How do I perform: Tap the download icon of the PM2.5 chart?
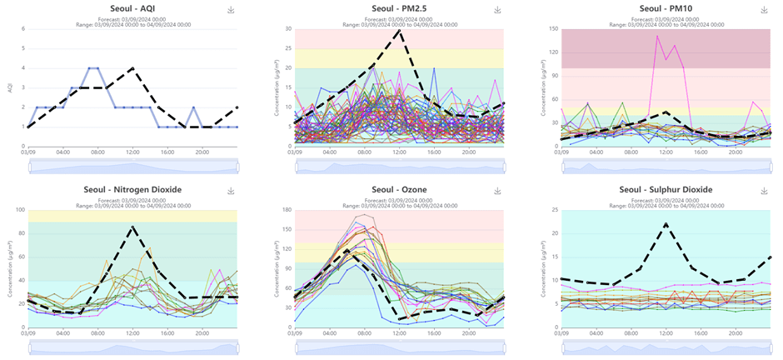[x=497, y=10]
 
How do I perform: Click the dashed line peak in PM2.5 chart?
[x=400, y=31]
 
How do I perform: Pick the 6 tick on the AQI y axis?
[x=22, y=28]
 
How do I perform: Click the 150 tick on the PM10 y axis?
[x=553, y=28]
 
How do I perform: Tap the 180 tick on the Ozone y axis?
[x=287, y=210]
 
